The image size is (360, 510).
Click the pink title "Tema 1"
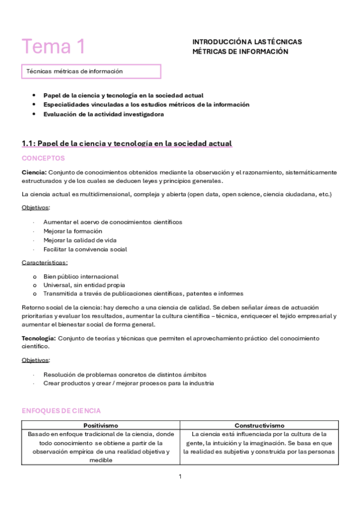coord(53,46)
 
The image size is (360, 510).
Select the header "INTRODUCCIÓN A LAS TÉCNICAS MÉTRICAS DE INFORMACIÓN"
coord(247,46)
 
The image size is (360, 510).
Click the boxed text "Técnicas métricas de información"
coord(75,71)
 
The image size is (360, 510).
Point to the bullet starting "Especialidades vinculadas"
coord(138,105)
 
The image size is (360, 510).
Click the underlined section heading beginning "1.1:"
coord(126,143)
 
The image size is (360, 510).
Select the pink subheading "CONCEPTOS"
coord(43,158)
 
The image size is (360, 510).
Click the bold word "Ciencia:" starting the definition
coord(34,172)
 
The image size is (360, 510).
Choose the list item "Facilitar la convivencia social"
coord(85,249)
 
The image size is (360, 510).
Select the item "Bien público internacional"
coord(81,276)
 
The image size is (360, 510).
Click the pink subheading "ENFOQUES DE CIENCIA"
coord(61,411)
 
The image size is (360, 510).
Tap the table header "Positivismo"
coord(100,425)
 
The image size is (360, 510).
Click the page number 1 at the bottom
coord(180,476)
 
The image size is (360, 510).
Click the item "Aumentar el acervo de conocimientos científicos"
coord(113,222)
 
